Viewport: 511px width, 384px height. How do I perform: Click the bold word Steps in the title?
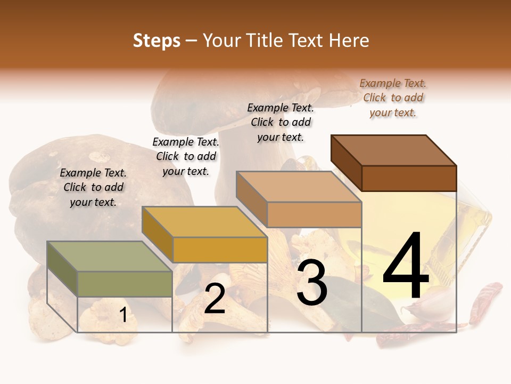(156, 41)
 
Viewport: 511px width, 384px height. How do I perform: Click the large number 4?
(406, 267)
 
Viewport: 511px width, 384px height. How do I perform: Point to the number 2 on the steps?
(215, 299)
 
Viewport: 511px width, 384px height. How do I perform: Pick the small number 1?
(123, 315)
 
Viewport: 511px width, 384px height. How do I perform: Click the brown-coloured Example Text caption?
(393, 98)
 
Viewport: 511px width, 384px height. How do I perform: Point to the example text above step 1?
(93, 187)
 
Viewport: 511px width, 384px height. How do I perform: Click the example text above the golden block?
(186, 156)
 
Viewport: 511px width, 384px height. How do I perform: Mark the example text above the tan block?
(281, 122)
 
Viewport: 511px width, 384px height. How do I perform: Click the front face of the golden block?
(220, 250)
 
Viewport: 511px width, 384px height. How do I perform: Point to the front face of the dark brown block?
(409, 178)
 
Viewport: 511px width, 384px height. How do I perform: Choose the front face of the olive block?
(125, 284)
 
